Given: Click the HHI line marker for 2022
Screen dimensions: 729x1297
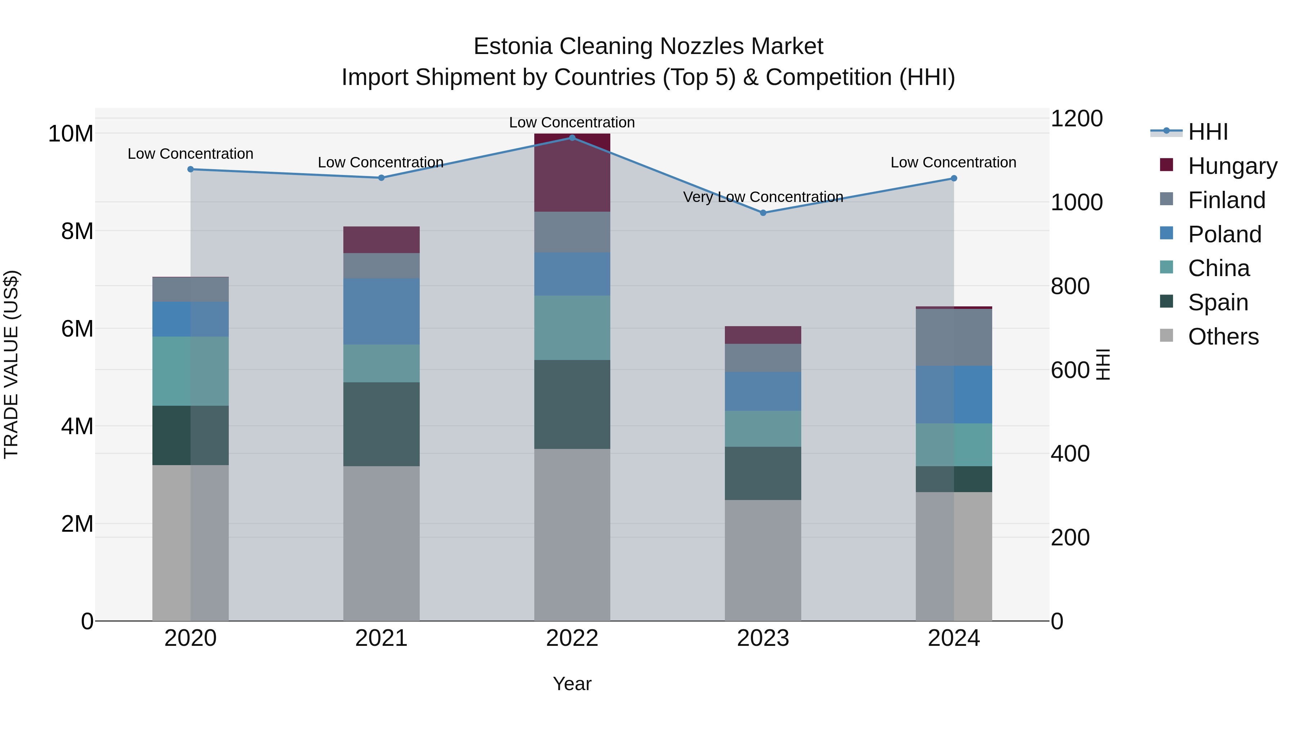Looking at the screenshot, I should [x=572, y=138].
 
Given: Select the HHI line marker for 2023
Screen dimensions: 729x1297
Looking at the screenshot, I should [x=763, y=213].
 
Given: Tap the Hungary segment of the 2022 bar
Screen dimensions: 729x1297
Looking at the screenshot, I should [x=572, y=172].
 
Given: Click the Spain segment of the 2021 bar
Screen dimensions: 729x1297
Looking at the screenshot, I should [x=381, y=424].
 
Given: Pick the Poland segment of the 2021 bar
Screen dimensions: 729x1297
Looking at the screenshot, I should [x=381, y=311].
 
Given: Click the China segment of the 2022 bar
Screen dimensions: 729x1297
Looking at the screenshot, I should [x=572, y=328].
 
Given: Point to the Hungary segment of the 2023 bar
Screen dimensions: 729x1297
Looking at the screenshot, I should [x=763, y=335].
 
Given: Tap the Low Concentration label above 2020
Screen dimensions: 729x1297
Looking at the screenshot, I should [x=190, y=154].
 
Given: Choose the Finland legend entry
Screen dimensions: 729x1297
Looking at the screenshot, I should [x=1226, y=200].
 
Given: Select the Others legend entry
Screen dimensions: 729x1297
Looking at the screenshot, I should [x=1223, y=337].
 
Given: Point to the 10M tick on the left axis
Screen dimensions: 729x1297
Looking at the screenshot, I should [x=71, y=134].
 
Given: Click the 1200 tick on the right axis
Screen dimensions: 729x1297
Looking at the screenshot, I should [x=1077, y=119].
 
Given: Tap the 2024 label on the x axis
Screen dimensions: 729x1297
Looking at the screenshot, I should [x=954, y=638].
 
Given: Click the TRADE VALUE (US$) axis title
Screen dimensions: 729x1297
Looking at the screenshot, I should [x=11, y=364].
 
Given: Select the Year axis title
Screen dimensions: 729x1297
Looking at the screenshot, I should [x=572, y=684].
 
